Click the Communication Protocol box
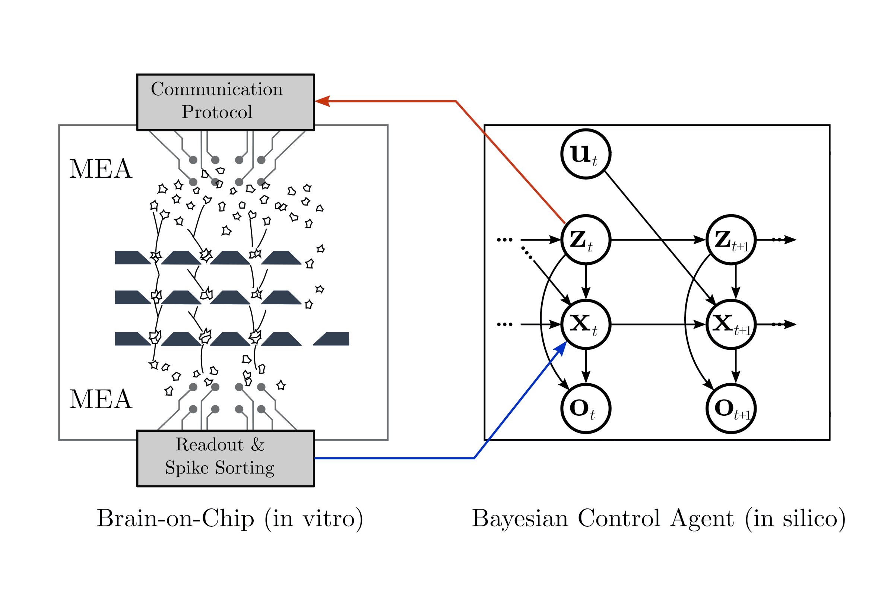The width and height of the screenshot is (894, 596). [225, 102]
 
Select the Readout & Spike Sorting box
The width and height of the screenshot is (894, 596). [225, 459]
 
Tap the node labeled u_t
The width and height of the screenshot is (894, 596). [586, 153]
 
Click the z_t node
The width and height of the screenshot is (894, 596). [586, 240]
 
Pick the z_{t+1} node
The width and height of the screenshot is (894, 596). [731, 240]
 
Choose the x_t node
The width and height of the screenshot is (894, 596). [586, 324]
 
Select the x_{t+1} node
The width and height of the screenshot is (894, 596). [731, 324]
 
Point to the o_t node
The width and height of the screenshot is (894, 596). [586, 409]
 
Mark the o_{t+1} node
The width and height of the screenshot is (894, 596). [731, 409]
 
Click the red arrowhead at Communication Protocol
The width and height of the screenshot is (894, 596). [322, 101]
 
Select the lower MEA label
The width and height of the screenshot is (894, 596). [101, 399]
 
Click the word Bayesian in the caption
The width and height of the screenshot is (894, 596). [520, 519]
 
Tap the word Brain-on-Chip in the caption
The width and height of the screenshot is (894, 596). [175, 519]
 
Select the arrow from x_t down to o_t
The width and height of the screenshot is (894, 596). [586, 366]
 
